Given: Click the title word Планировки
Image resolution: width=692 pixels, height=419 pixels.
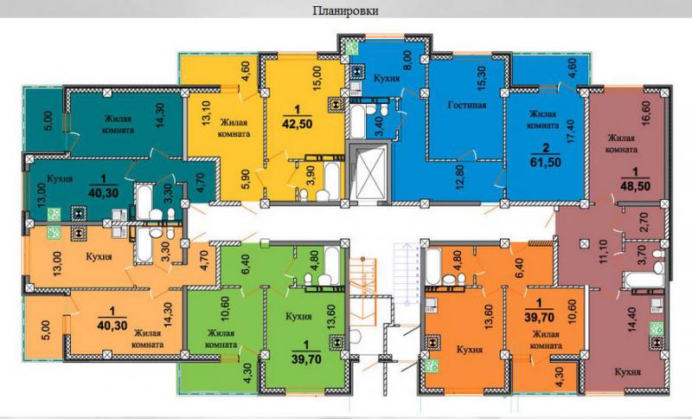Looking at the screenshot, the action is (345, 10).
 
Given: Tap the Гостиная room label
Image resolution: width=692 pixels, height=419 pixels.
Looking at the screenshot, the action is (467, 105).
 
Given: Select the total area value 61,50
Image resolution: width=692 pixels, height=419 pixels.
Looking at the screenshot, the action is (546, 162).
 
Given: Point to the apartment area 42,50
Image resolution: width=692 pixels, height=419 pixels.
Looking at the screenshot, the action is (297, 123).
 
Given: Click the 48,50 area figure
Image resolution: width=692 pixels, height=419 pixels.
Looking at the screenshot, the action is (635, 186).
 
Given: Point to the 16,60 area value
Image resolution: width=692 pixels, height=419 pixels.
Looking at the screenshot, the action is (647, 114).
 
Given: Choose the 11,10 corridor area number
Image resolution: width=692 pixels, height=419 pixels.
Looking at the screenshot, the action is (604, 250).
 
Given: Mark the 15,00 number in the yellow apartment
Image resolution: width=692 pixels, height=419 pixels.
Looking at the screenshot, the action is (317, 78).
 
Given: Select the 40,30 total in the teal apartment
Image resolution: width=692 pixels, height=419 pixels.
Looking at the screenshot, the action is (104, 193).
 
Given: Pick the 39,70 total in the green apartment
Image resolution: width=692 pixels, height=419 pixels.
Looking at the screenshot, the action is (306, 359).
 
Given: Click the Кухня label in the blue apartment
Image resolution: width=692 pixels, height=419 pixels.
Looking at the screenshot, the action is (387, 79).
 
